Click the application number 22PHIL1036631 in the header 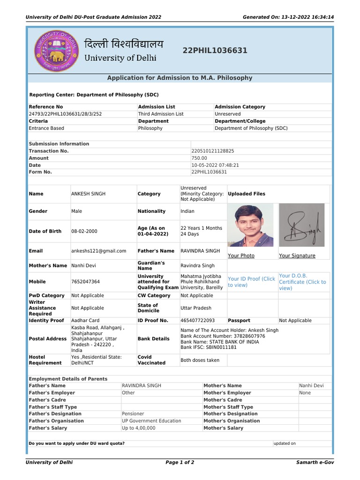[x=215, y=51]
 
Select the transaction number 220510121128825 [x=213, y=151]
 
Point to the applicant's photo [x=250, y=225]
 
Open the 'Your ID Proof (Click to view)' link [x=251, y=282]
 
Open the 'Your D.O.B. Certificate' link [x=302, y=282]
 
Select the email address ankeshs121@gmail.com [x=98, y=251]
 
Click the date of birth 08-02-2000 [x=84, y=232]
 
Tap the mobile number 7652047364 [x=85, y=282]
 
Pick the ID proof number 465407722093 [x=197, y=321]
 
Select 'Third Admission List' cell [x=161, y=114]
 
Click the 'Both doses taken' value [x=200, y=360]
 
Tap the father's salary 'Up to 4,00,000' [x=138, y=428]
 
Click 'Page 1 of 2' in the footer [x=180, y=462]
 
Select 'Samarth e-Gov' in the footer [x=315, y=462]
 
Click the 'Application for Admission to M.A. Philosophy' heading [x=180, y=78]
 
